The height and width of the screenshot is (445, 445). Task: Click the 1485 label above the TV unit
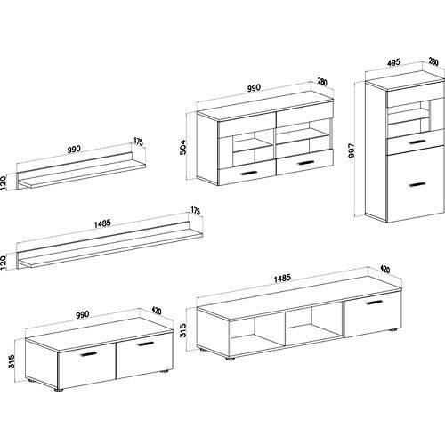[x=281, y=279]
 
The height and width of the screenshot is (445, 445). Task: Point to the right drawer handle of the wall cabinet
[x=306, y=163]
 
